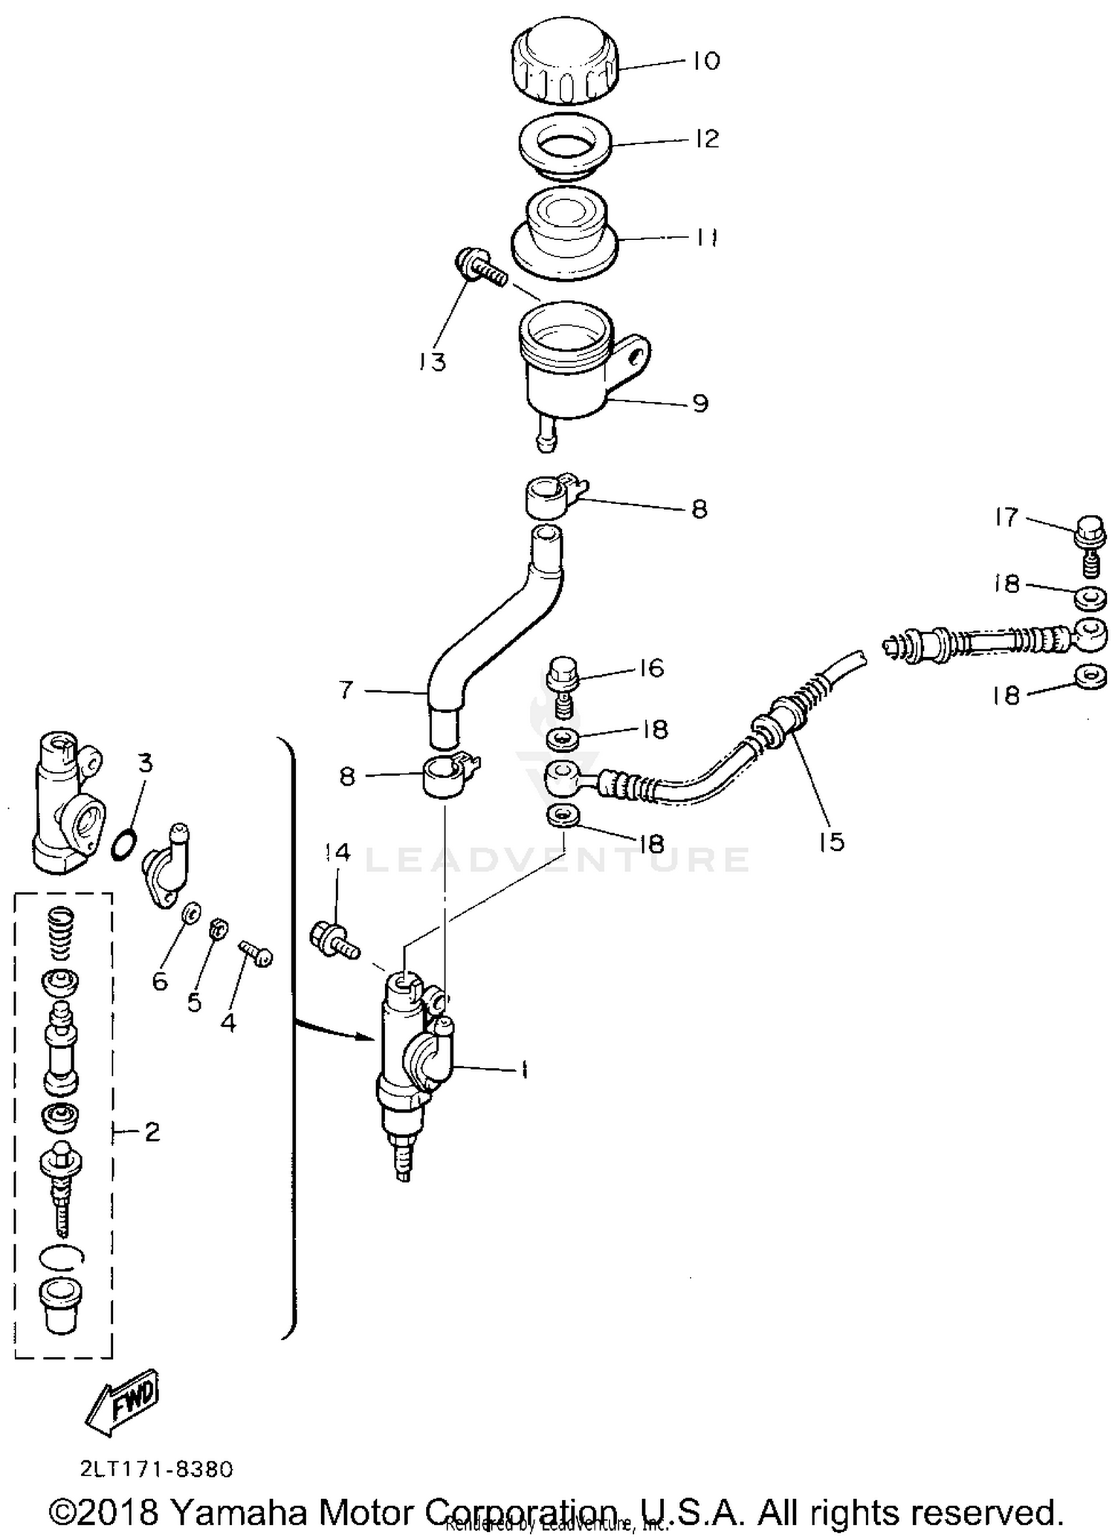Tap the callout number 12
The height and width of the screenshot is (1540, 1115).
[707, 138]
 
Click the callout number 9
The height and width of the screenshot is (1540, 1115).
[700, 404]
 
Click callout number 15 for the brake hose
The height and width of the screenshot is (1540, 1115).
[831, 841]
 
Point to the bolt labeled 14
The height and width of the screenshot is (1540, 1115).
[334, 939]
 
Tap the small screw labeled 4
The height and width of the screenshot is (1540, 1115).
[256, 954]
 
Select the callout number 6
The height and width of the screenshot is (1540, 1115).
[160, 982]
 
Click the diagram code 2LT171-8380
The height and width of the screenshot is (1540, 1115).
[156, 1469]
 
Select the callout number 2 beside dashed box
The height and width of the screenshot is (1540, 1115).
[152, 1132]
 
